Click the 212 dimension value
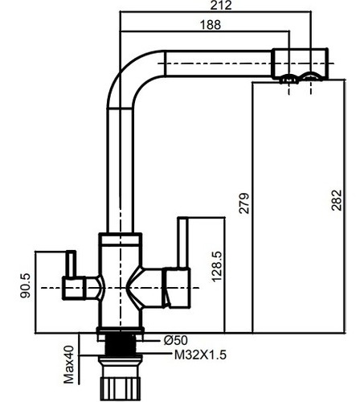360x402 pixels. click(x=221, y=6)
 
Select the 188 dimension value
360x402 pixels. click(x=211, y=25)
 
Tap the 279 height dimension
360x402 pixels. click(x=244, y=203)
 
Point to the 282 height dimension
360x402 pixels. click(x=337, y=200)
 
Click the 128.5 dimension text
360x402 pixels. click(x=217, y=267)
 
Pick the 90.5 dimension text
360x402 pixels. click(x=26, y=286)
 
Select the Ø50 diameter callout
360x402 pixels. click(x=176, y=340)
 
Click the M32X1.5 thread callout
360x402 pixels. click(x=200, y=355)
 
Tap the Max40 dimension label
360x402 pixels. click(x=68, y=364)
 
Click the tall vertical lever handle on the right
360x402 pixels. click(x=183, y=243)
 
